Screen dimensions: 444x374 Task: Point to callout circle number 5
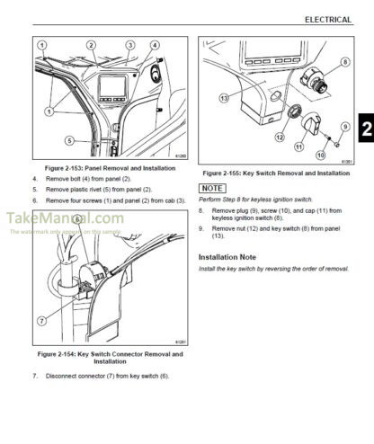pyautogui.click(x=69, y=139)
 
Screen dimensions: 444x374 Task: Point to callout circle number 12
pyautogui.click(x=280, y=138)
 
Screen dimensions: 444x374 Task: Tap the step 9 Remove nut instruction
pyautogui.click(x=270, y=232)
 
